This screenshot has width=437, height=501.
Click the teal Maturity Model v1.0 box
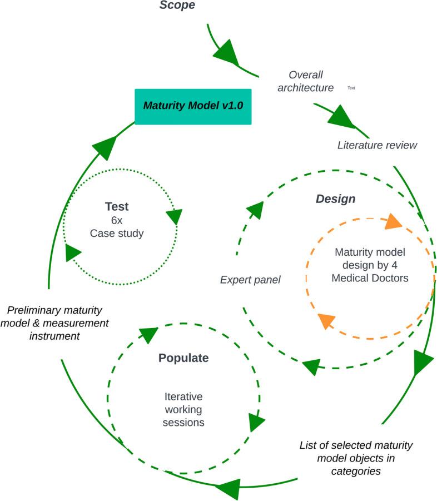tap(193, 107)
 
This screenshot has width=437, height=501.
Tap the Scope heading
tap(177, 5)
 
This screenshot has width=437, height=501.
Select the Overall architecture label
tap(305, 81)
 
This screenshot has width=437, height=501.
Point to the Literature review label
tap(378, 145)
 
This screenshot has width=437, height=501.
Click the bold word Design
tap(335, 199)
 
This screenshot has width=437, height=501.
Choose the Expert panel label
tap(250, 280)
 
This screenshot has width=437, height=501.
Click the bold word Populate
tap(183, 358)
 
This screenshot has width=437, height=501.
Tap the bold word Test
tap(117, 206)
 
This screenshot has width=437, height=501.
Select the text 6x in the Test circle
tap(117, 220)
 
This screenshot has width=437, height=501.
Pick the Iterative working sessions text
tap(183, 409)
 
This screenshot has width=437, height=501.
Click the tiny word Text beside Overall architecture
tap(351, 88)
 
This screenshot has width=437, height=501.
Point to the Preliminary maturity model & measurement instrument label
tap(54, 323)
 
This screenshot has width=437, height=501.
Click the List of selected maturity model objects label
tap(356, 458)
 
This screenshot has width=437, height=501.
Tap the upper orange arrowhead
tap(393, 222)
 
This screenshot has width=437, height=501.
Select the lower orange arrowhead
tap(326, 321)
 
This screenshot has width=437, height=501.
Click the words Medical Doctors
tap(370, 278)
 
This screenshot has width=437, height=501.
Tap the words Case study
tap(117, 233)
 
